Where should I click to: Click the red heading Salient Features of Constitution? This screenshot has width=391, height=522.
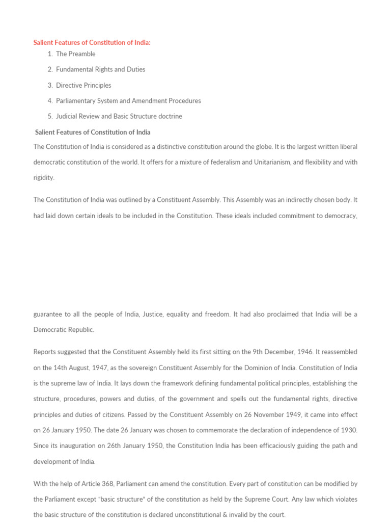[x=92, y=43]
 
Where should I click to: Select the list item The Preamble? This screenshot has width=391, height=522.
[x=75, y=54]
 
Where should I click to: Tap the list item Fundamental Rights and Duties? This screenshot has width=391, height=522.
[x=100, y=69]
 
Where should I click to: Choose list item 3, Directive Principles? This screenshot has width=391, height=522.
[x=83, y=85]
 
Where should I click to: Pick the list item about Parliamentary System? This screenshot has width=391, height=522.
[x=128, y=101]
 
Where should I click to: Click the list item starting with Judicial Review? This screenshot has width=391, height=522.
[x=119, y=116]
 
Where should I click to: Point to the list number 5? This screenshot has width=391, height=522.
[x=50, y=116]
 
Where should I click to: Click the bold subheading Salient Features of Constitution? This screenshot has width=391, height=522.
[x=93, y=132]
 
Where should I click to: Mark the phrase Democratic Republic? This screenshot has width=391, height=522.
[x=64, y=330]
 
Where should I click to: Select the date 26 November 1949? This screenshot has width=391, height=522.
[x=253, y=415]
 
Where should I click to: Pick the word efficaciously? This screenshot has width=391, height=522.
[x=285, y=446]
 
